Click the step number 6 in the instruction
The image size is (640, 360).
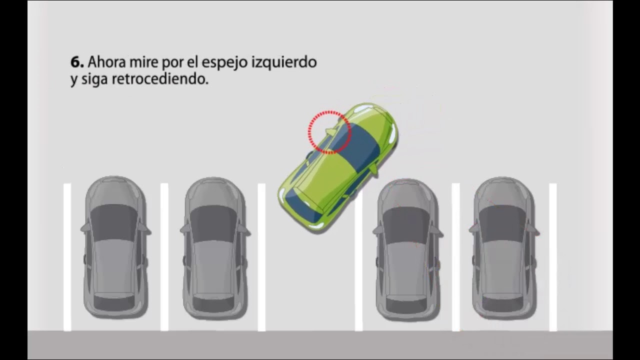click(77, 62)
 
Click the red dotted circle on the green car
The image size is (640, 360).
click(329, 131)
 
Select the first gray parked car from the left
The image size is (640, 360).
click(115, 247)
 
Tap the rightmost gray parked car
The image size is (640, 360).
click(504, 247)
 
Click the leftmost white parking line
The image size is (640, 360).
click(67, 257)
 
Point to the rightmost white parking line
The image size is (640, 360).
click(553, 257)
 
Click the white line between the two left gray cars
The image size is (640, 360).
click(164, 257)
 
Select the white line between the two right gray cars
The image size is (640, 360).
click(455, 257)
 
